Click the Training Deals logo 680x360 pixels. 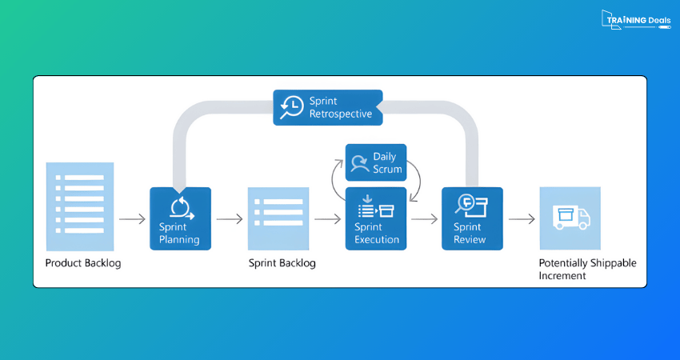pyautogui.click(x=635, y=20)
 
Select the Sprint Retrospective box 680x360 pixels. pyautogui.click(x=327, y=107)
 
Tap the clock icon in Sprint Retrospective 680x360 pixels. pyautogui.click(x=292, y=107)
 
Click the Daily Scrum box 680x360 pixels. pyautogui.click(x=376, y=162)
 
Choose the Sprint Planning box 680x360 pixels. pyautogui.click(x=180, y=218)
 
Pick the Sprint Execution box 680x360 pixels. pyautogui.click(x=376, y=218)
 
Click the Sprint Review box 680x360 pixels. pyautogui.click(x=472, y=218)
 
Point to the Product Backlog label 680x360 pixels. pyautogui.click(x=83, y=263)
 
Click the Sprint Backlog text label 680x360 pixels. pyautogui.click(x=282, y=263)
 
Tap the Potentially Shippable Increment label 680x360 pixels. pyautogui.click(x=588, y=269)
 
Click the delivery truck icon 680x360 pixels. pyautogui.click(x=570, y=217)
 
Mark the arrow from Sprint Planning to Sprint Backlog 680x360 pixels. pyautogui.click(x=230, y=218)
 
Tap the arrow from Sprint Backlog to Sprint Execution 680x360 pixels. pyautogui.click(x=328, y=218)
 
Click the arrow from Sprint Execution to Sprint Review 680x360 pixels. pyautogui.click(x=425, y=218)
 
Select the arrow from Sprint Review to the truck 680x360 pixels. pyautogui.click(x=522, y=218)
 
